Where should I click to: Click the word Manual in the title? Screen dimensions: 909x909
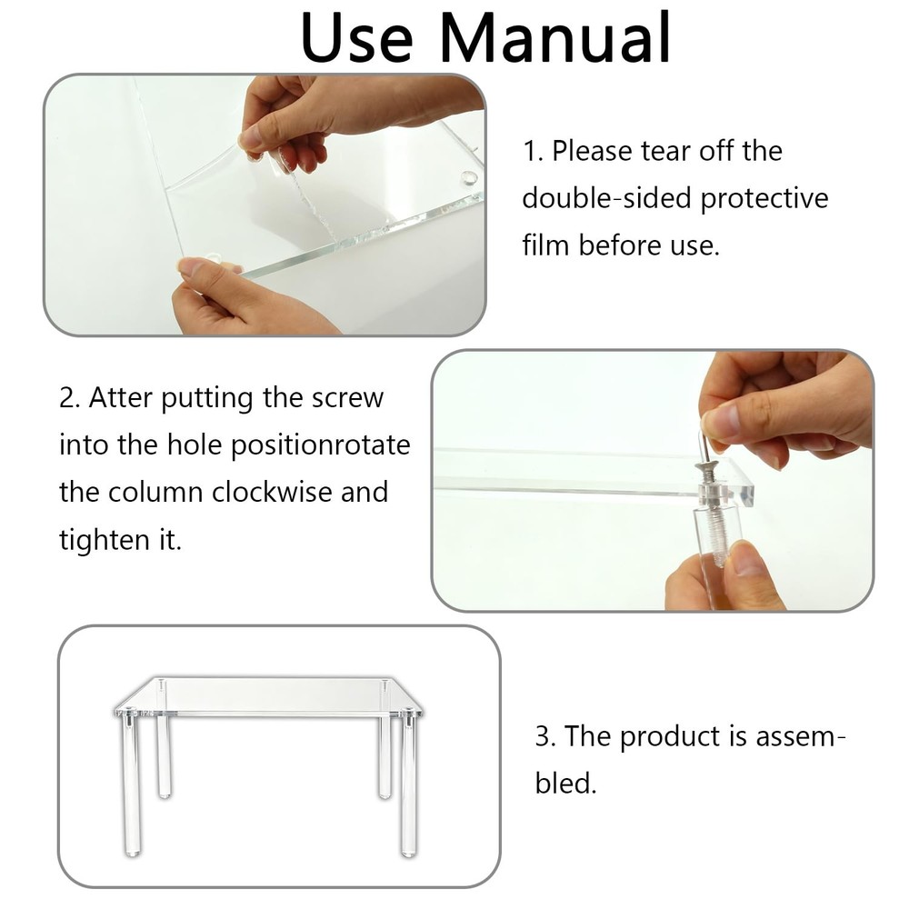click(x=554, y=37)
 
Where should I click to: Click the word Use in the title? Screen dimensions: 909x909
click(x=356, y=37)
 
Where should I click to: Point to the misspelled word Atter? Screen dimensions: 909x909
click(x=121, y=398)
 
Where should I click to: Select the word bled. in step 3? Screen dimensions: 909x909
click(x=565, y=784)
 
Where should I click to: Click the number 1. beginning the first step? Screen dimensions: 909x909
click(x=533, y=152)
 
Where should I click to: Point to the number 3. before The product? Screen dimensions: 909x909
click(x=545, y=737)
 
